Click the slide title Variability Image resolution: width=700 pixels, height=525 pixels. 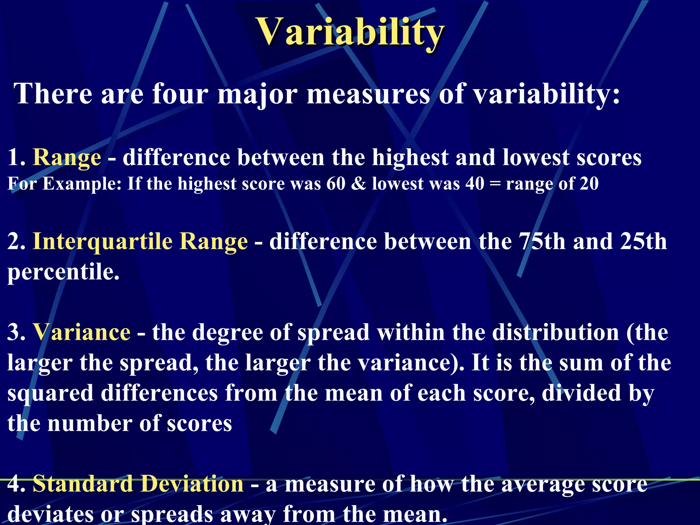click(351, 32)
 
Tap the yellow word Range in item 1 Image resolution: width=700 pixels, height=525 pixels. click(67, 158)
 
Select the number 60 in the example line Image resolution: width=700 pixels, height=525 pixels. click(336, 184)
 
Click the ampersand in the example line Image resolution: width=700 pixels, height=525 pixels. click(359, 184)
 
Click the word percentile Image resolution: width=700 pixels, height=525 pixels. click(64, 272)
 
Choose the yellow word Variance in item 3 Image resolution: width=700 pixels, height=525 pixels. click(82, 332)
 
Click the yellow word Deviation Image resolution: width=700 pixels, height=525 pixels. click(192, 484)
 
